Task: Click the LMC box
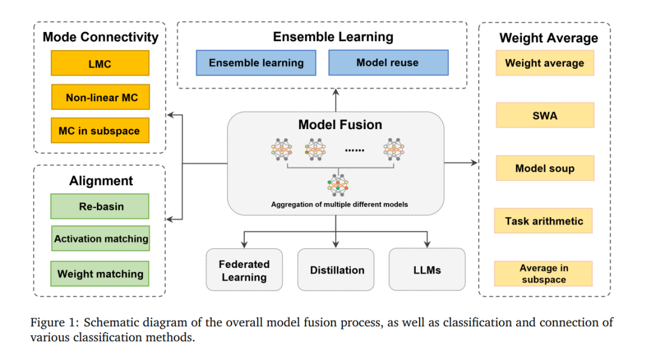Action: tap(100, 63)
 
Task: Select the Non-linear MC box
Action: tap(101, 97)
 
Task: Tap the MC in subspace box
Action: tap(100, 130)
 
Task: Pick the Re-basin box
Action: tap(99, 206)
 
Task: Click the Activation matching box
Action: tap(101, 238)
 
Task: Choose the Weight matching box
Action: tap(99, 274)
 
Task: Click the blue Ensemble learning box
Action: tap(256, 63)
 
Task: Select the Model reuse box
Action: tap(389, 63)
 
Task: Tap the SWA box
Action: tap(545, 115)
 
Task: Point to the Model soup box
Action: tap(545, 168)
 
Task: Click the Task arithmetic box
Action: tap(544, 221)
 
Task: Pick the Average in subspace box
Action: tap(544, 274)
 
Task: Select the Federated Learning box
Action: tap(244, 270)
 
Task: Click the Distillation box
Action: tap(336, 270)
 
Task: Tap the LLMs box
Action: tap(427, 270)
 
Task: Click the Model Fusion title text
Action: tap(340, 125)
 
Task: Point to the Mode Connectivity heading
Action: tap(101, 37)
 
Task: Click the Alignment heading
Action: tap(101, 181)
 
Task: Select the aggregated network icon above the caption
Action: tap(338, 185)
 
